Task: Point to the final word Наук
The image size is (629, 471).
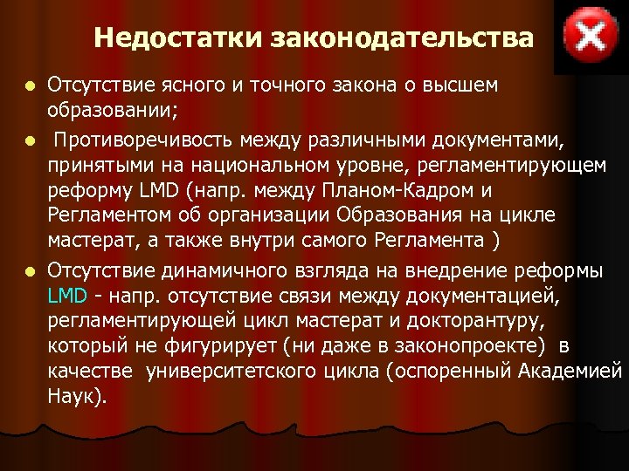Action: coord(76,397)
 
